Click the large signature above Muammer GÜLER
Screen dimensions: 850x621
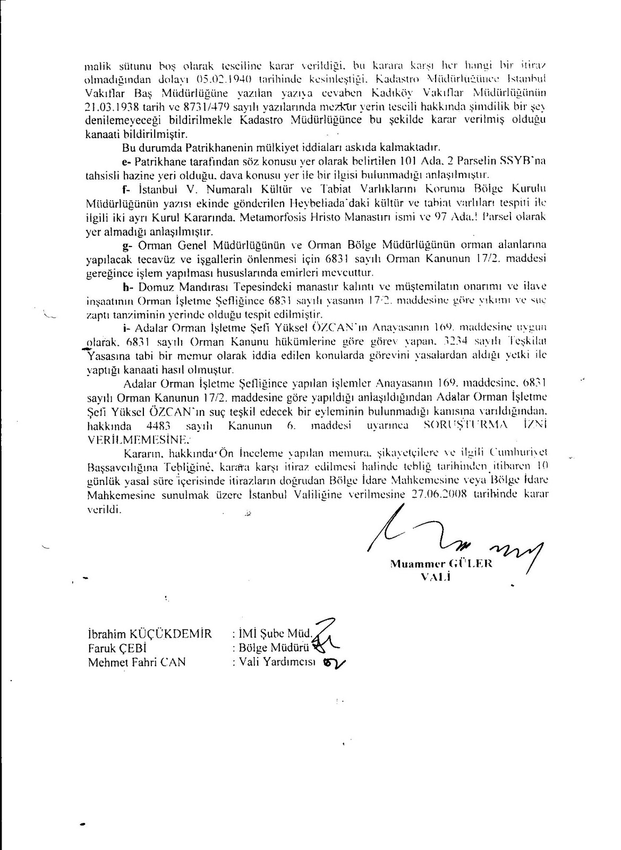(452, 537)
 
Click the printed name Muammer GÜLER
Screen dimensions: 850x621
(441, 564)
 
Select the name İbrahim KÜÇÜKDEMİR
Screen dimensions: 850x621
(149, 634)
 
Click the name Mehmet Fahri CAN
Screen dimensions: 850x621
(137, 662)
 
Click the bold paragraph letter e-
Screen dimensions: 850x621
(125, 161)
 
